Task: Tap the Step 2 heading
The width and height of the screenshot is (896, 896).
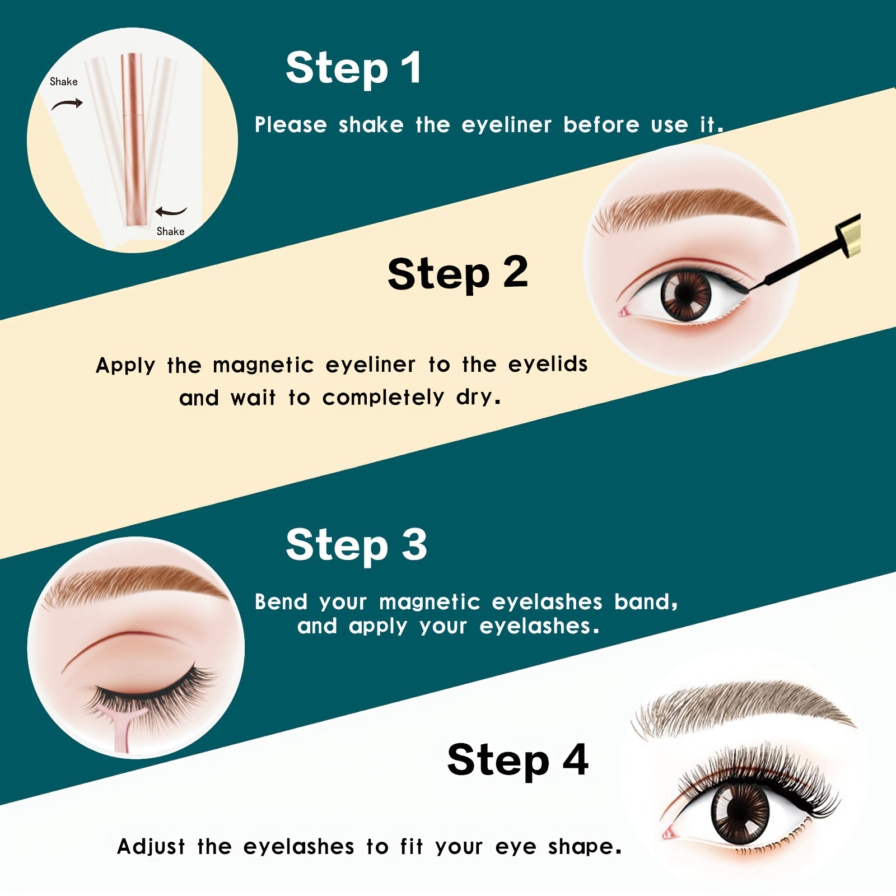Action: point(457,273)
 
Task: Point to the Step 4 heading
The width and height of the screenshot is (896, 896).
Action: point(517,760)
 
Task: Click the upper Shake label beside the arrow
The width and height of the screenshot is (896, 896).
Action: point(63,82)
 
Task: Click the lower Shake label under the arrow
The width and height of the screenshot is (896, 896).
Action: point(170,231)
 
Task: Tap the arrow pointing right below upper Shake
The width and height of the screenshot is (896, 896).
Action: point(67,104)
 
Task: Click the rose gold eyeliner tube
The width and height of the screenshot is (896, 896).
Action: point(133,140)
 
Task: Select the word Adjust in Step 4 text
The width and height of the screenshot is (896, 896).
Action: point(151,846)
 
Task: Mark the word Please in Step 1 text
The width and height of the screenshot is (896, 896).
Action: point(290,125)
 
